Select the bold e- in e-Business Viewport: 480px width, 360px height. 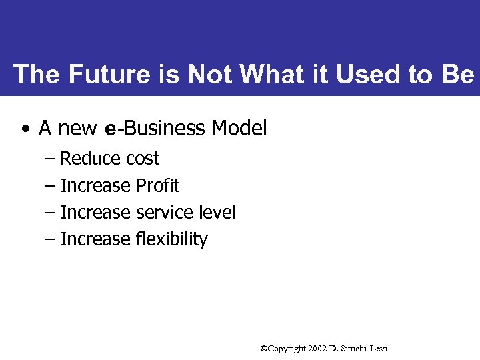pyautogui.click(x=115, y=128)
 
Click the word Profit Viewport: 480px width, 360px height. pyautogui.click(x=157, y=185)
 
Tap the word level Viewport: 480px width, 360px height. pyautogui.click(x=218, y=212)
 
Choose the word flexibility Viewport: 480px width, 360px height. pyautogui.click(x=171, y=239)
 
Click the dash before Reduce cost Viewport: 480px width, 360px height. pyautogui.click(x=50, y=159)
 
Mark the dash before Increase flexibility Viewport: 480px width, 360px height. pyautogui.click(x=50, y=239)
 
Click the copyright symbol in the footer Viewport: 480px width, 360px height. pyautogui.click(x=263, y=349)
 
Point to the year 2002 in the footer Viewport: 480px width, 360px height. pyautogui.click(x=317, y=349)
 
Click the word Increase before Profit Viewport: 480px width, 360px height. pyautogui.click(x=95, y=185)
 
